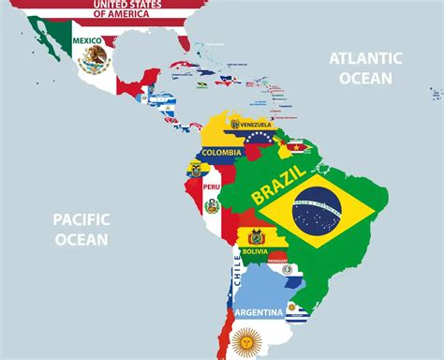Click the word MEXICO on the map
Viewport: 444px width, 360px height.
point(87,40)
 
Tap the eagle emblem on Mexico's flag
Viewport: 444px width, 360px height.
point(94,61)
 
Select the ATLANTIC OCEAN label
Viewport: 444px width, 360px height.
point(364,67)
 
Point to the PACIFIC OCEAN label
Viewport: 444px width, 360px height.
point(81,229)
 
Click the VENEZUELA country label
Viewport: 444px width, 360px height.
point(250,125)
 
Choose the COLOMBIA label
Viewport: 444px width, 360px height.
point(221,152)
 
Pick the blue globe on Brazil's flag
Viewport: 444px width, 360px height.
point(317,211)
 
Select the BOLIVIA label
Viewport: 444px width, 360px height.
point(255,251)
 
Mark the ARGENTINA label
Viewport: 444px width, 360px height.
point(259,311)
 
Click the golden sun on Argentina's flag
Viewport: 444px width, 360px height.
point(246,342)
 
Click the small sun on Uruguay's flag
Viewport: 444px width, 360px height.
point(292,307)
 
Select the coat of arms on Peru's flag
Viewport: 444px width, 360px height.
point(212,205)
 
